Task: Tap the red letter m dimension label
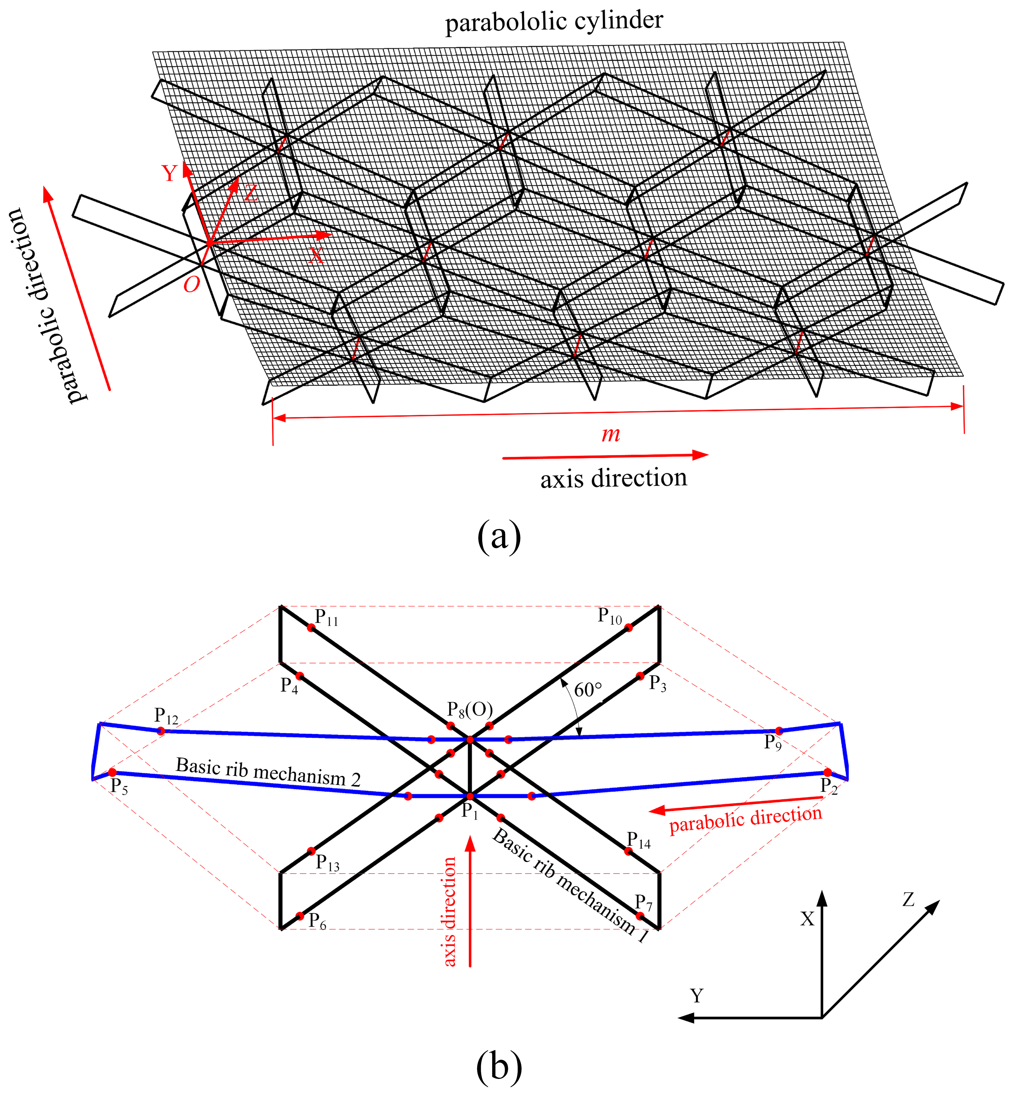click(611, 435)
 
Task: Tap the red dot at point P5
click(112, 772)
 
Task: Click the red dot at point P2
click(827, 772)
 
